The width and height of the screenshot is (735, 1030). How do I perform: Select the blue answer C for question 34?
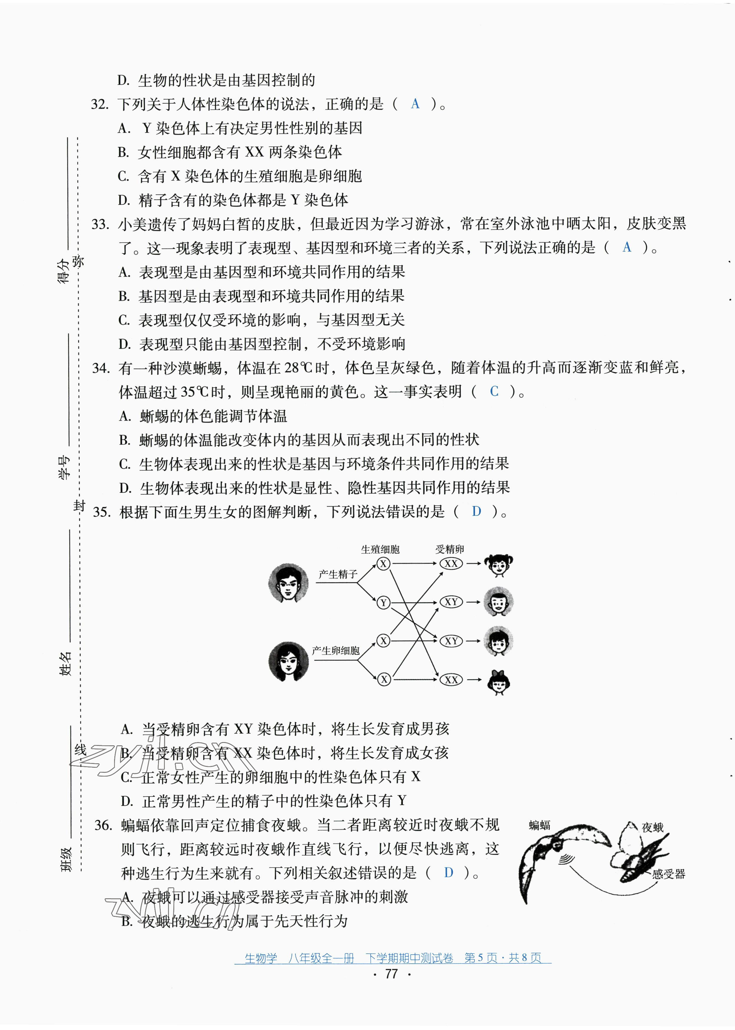[494, 391]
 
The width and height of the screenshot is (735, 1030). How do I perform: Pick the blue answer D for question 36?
[448, 873]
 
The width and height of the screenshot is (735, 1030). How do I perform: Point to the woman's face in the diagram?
[288, 661]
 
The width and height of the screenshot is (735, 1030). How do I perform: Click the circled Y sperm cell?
[383, 603]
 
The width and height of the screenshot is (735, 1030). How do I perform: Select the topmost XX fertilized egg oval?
[451, 564]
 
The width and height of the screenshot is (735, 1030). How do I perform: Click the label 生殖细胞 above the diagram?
[380, 550]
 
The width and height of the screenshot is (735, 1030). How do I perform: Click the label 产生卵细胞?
[336, 650]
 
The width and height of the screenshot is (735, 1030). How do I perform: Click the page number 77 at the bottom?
[391, 974]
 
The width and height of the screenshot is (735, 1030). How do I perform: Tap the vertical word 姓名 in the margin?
[66, 663]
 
